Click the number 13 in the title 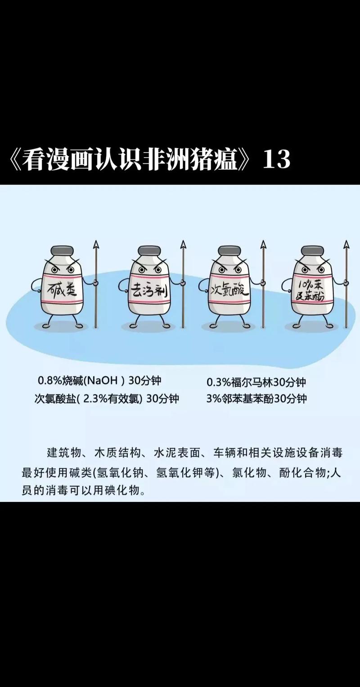pos(276,159)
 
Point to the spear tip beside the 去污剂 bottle pos(183,246)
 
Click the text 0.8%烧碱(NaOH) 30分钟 pos(99,381)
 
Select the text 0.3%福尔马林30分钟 pos(256,382)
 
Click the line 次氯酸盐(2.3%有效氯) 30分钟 pos(107,398)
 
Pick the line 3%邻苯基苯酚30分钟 pos(256,398)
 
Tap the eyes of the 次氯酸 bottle pos(228,269)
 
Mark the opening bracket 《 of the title pos(13,160)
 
